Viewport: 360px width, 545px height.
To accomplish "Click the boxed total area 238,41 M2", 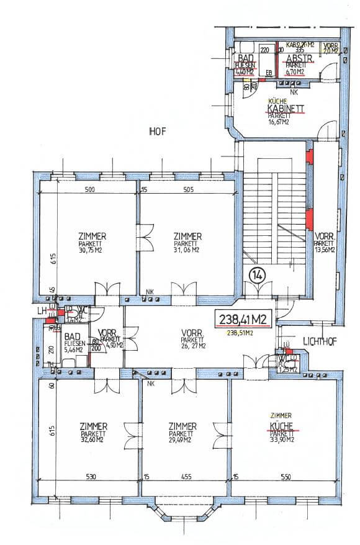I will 244,320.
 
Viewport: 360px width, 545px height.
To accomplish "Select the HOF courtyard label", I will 156,131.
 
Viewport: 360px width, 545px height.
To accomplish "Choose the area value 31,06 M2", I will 186,251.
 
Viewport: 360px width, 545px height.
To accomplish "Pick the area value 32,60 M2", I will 93,441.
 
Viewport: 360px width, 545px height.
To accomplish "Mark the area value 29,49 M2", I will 183,441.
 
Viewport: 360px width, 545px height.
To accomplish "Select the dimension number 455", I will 186,477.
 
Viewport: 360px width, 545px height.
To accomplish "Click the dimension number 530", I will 91,477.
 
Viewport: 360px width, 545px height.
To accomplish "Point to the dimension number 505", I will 188,191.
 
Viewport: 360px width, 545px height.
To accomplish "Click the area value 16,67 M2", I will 281,122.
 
